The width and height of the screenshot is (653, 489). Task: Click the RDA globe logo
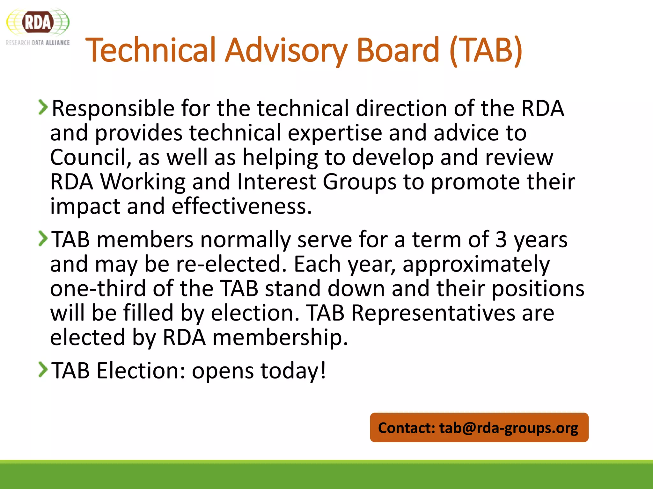pyautogui.click(x=38, y=22)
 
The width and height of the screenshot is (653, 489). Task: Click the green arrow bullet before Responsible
pyautogui.click(x=43, y=107)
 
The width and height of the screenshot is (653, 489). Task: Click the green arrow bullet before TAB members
pyautogui.click(x=43, y=238)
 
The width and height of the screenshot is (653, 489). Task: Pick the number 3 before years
pyautogui.click(x=501, y=239)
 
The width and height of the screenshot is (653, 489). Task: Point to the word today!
pyautogui.click(x=293, y=371)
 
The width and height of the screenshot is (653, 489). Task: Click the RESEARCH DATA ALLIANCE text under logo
pyautogui.click(x=38, y=43)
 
